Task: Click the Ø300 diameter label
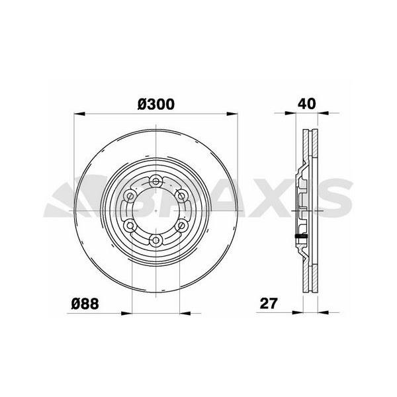[156, 104]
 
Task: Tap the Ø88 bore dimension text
[85, 303]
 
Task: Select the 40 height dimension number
[307, 104]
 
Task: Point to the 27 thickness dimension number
[269, 303]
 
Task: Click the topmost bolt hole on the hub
[155, 181]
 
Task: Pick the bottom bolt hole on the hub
[155, 240]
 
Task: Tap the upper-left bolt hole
[130, 196]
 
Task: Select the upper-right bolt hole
[181, 196]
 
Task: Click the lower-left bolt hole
[130, 225]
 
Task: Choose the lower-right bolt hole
[181, 225]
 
